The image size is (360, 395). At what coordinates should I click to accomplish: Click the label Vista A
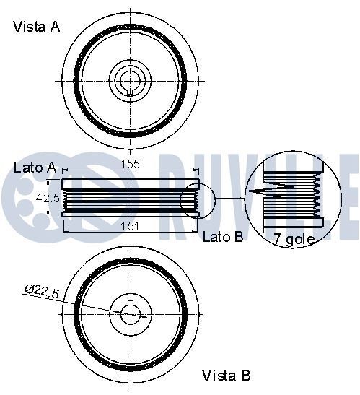[x=36, y=27]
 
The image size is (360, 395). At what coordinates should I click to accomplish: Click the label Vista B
[x=226, y=376]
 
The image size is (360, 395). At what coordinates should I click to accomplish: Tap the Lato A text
[x=35, y=168]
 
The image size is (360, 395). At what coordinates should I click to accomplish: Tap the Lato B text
[x=223, y=236]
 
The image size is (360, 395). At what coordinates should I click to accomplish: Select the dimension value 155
[x=130, y=165]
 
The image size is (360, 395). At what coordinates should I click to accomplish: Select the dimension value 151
[x=130, y=226]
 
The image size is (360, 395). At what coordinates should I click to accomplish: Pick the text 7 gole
[x=294, y=240]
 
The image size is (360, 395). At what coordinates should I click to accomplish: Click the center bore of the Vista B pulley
[x=130, y=313]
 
